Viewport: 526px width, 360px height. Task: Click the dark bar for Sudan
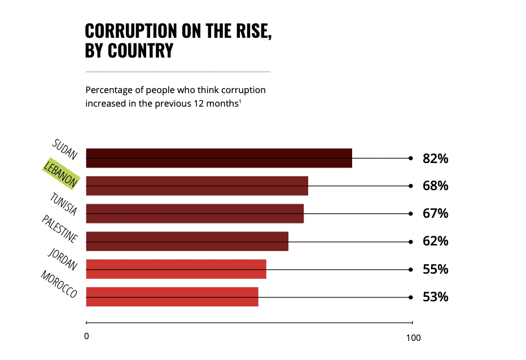coord(219,158)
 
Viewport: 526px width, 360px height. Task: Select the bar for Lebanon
coord(197,186)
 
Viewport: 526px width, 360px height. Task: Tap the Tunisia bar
coord(195,213)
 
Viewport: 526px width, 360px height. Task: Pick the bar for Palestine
coord(187,241)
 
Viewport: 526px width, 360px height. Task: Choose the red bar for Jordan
coord(176,269)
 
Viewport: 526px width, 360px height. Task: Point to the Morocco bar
coord(172,297)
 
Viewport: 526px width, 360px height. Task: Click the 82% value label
coord(435,159)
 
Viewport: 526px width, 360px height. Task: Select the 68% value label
coord(435,186)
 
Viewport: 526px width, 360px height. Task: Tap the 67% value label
coord(435,213)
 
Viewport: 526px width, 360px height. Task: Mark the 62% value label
coord(435,241)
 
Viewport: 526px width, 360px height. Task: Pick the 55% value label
coord(435,269)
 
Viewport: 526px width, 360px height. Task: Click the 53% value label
coord(435,297)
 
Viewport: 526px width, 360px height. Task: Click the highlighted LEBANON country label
coord(62,174)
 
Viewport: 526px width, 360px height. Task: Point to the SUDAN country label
coord(64,151)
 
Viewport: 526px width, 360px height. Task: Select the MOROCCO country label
coord(58,285)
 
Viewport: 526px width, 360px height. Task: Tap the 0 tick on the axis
coord(86,337)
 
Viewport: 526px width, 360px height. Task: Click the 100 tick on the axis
coord(413,337)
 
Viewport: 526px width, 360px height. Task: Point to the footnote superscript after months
coord(240,102)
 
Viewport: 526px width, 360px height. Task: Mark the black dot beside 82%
coord(411,159)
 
